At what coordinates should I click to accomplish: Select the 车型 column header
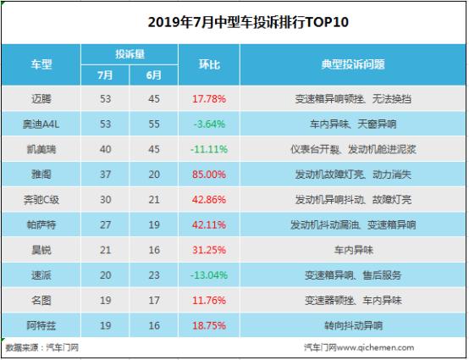41,64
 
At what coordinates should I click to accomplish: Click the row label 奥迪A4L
41,125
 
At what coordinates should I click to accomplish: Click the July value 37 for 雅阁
105,174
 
